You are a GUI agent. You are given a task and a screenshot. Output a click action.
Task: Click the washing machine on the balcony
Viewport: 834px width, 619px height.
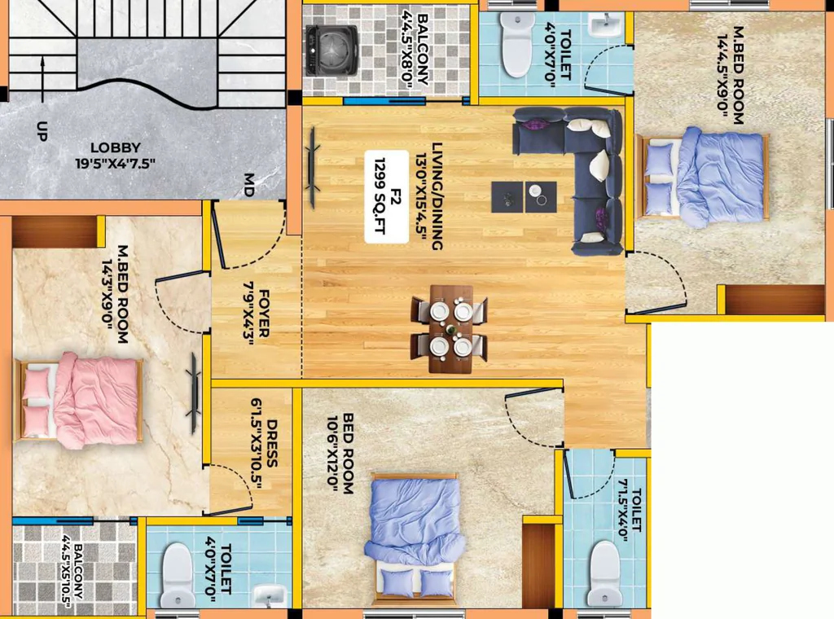point(332,50)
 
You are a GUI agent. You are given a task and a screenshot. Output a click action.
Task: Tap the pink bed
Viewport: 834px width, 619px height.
point(79,399)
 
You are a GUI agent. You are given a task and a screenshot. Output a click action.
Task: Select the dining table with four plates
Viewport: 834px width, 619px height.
point(450,329)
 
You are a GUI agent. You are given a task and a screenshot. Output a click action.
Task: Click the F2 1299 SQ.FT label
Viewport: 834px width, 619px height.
point(387,197)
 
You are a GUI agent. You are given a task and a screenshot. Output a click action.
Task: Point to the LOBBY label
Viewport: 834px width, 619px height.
point(116,147)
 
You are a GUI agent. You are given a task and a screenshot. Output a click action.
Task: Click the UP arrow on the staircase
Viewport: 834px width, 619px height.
point(42,81)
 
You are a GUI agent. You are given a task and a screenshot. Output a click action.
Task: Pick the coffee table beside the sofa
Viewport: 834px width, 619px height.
point(524,197)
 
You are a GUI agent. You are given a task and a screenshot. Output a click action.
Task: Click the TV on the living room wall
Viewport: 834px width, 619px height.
point(313,167)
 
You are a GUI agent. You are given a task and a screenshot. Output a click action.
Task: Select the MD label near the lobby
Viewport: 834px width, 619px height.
point(248,185)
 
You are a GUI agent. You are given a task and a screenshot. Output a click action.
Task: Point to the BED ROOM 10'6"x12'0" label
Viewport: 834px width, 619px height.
point(341,454)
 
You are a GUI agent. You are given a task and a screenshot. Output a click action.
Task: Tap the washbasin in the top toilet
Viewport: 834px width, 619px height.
point(605,25)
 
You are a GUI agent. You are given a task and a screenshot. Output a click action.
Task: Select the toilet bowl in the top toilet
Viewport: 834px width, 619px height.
point(516,45)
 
